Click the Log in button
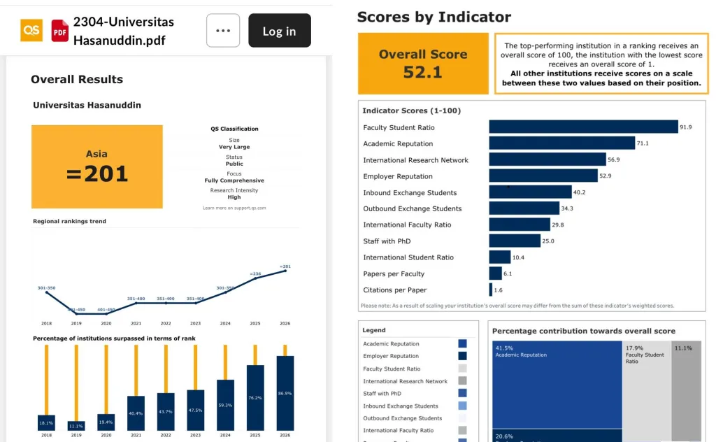point(279,31)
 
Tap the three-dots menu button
point(223,31)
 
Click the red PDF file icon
point(60,31)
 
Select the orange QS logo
point(31,30)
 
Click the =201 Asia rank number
point(97,173)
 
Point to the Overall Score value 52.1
point(422,71)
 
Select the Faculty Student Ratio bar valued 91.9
point(583,127)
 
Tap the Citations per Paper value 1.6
point(498,290)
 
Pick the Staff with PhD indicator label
point(387,241)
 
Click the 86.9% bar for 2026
point(285,393)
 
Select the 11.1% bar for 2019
point(76,425)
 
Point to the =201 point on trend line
point(285,271)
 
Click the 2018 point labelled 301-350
point(46,292)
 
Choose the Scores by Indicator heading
point(434,17)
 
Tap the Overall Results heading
point(77,80)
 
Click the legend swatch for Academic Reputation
point(462,343)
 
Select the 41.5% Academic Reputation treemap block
point(557,385)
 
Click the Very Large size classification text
point(234,147)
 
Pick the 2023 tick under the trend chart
point(196,324)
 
